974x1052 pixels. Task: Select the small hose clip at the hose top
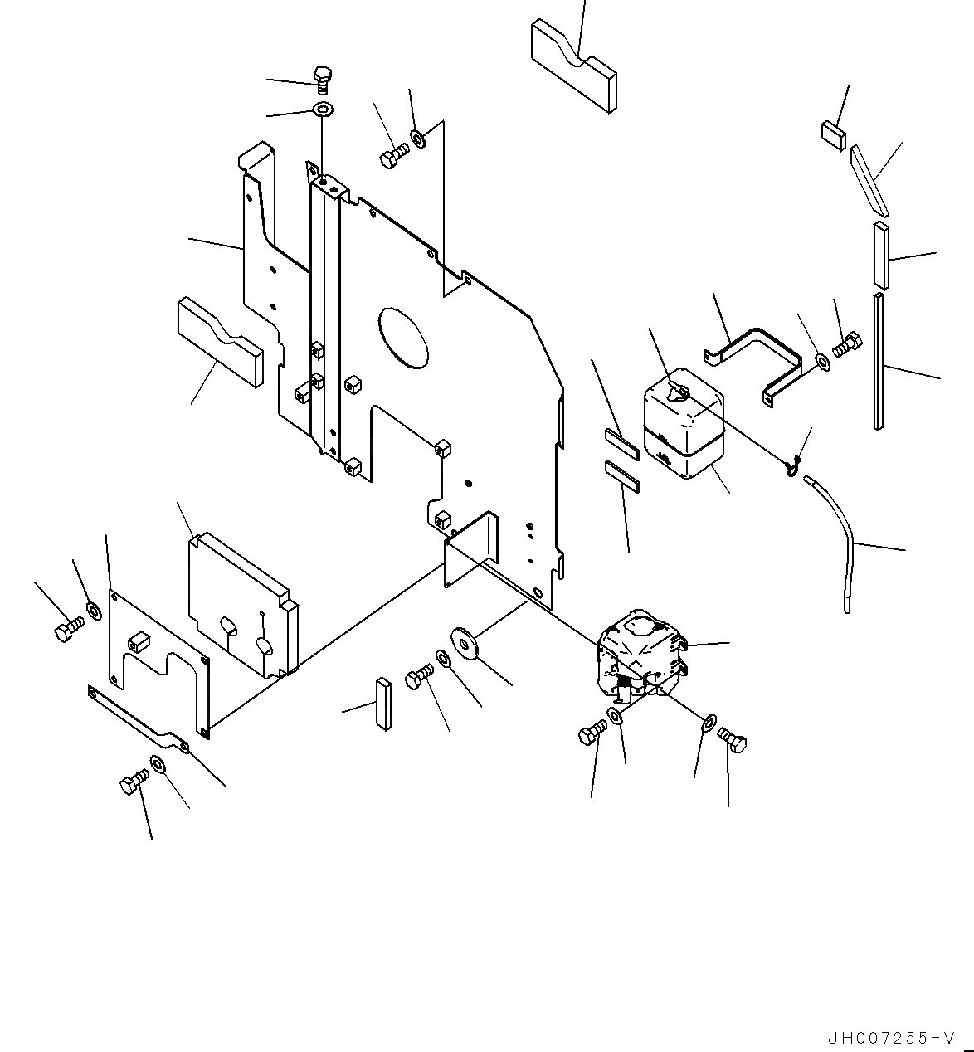pos(793,466)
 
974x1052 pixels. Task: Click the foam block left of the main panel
pos(219,343)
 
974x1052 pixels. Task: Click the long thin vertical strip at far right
pos(879,361)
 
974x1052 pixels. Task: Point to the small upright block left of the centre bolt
pos(382,704)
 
